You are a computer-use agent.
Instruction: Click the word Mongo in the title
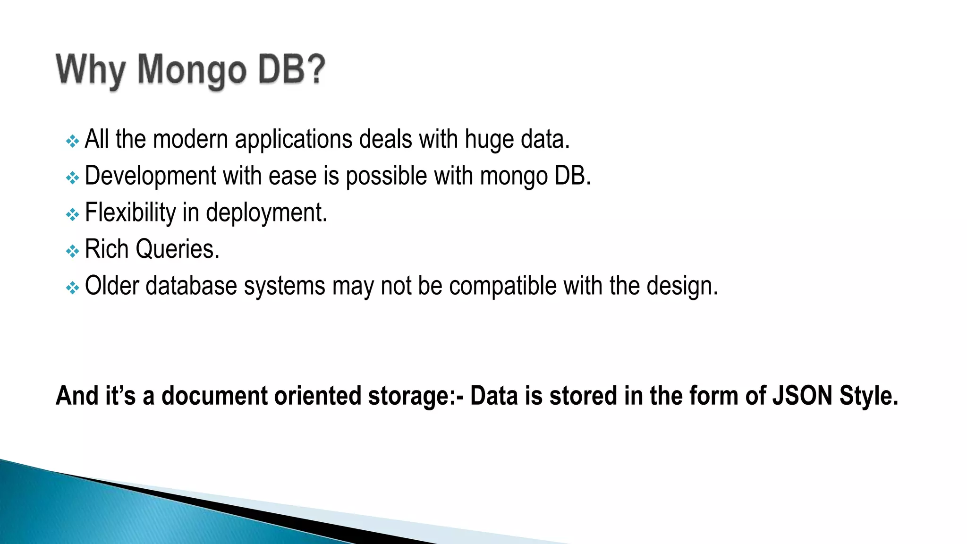coord(191,71)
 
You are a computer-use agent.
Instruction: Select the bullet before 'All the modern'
coord(72,141)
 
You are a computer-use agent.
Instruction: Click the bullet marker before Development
coord(72,178)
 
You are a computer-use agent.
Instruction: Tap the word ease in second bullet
coord(293,176)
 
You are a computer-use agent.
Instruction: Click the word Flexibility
coord(130,213)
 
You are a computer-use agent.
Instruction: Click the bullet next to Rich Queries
coord(72,251)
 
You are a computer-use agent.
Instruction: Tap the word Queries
coord(178,249)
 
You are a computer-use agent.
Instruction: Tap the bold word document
coord(215,396)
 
